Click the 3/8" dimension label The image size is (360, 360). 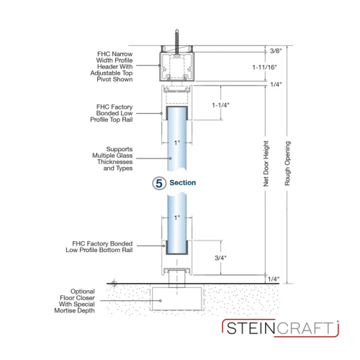point(276,51)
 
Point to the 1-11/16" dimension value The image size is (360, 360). point(264,67)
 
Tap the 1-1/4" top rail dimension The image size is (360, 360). point(221,105)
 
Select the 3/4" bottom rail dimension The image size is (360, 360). point(220,258)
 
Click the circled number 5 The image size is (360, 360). point(159,184)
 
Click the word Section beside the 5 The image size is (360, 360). point(183,183)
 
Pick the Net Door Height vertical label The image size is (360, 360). point(266,163)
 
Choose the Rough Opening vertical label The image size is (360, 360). point(287,163)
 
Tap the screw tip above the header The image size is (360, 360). point(177,30)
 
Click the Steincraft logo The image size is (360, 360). point(280,328)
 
